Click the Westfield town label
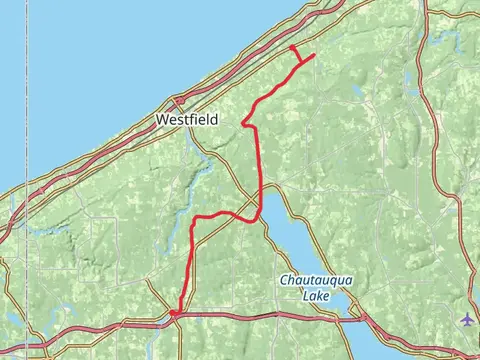click(187, 118)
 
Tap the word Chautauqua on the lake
click(315, 281)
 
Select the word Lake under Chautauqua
click(315, 295)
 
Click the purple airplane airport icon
click(468, 319)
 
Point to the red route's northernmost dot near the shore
click(292, 47)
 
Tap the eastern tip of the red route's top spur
click(314, 55)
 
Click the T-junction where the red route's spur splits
click(301, 63)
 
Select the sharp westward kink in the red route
click(243, 124)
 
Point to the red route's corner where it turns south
click(197, 217)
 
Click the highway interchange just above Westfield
click(178, 100)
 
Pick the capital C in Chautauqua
click(284, 281)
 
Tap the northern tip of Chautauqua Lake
click(268, 190)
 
